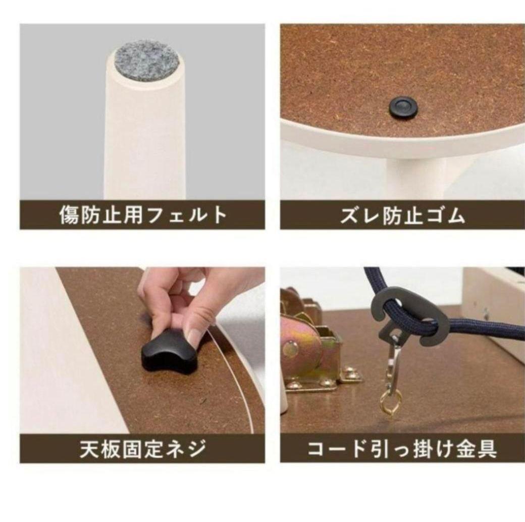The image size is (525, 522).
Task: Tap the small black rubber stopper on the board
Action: point(403,108)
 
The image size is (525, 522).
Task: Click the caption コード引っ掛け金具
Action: point(402,449)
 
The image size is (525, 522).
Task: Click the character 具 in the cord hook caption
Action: point(487,449)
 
